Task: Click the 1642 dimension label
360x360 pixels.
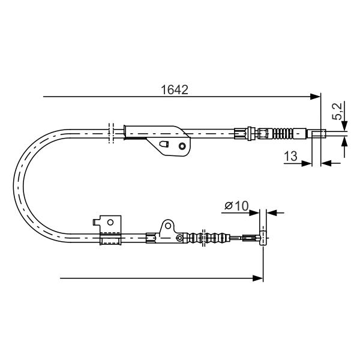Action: pyautogui.click(x=175, y=90)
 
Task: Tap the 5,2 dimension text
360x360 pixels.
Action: pyautogui.click(x=337, y=112)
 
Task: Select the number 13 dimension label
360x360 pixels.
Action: pyautogui.click(x=290, y=156)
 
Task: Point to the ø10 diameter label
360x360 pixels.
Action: pyautogui.click(x=236, y=206)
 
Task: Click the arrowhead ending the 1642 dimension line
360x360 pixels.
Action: pyautogui.click(x=314, y=97)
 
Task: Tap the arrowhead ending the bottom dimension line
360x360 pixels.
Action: pyautogui.click(x=257, y=278)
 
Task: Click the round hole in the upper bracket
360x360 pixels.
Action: pyautogui.click(x=182, y=146)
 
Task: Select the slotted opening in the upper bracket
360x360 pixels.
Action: pyautogui.click(x=164, y=144)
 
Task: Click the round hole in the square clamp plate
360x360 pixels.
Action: pyautogui.click(x=110, y=222)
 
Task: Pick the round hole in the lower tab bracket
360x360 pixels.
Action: pyautogui.click(x=168, y=226)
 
